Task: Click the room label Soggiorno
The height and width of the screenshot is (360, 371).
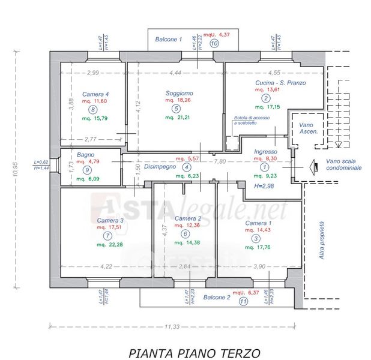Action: tap(179, 93)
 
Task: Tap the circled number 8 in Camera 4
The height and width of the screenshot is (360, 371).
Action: tap(92, 110)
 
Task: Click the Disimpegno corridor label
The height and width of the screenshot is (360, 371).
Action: tap(160, 167)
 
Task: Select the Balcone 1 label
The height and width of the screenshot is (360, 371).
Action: tap(168, 39)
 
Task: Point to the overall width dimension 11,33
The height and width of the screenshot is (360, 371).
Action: tap(172, 326)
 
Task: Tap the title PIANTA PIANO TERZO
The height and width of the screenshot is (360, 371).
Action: tap(195, 353)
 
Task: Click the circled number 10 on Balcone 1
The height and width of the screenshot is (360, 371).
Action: tap(214, 43)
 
